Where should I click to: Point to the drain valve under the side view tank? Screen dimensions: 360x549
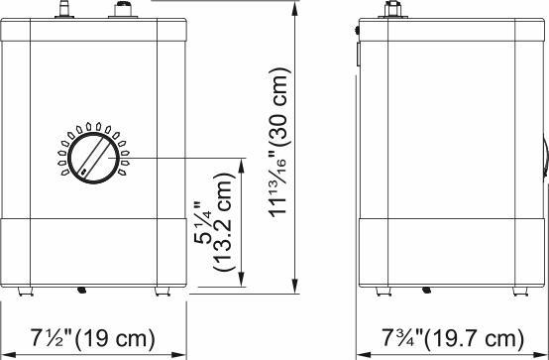tap(427, 292)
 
